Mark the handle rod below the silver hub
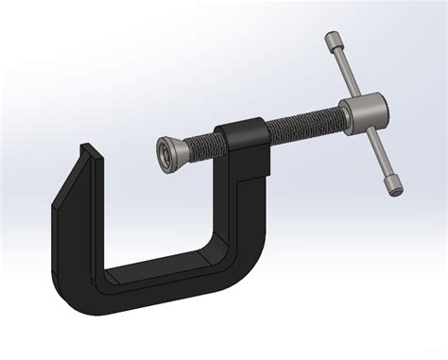point(379,155)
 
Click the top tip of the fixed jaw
point(89,149)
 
